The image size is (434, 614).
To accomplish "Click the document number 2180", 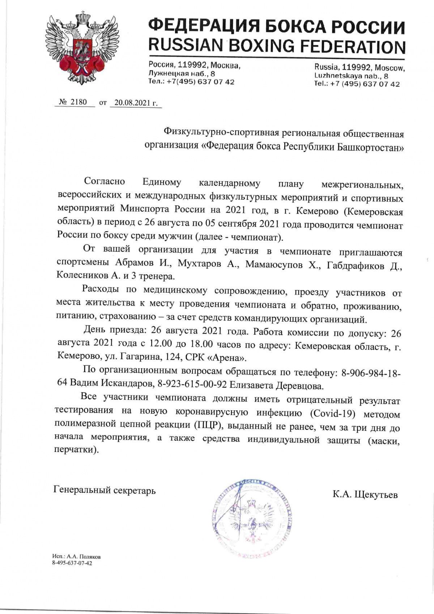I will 78,102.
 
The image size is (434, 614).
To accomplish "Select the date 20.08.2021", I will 134,103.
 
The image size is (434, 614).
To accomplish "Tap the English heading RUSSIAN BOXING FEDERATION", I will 277,46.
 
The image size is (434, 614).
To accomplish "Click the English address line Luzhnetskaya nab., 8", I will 351,76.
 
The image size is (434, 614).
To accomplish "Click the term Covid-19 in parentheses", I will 328,412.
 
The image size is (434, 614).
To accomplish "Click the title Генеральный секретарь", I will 105,490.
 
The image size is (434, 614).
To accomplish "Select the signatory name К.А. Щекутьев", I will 365,494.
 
